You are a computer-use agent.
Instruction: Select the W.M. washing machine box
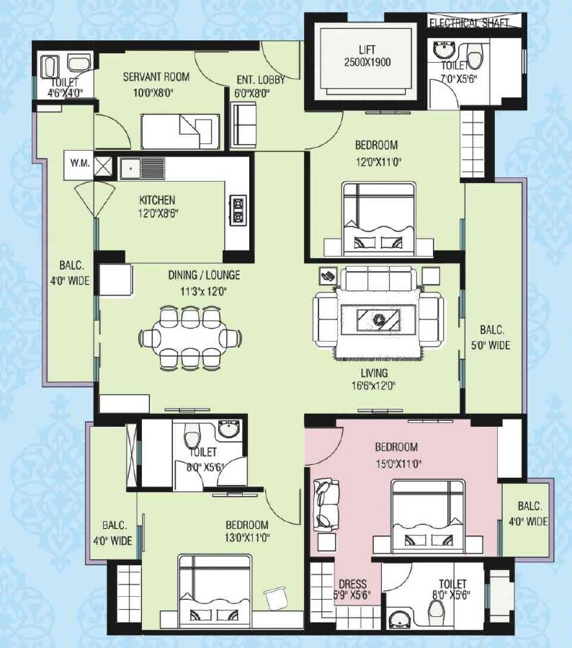pyautogui.click(x=80, y=164)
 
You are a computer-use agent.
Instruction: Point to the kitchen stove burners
pyautogui.click(x=237, y=210)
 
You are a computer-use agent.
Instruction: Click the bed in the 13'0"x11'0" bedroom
pyautogui.click(x=215, y=590)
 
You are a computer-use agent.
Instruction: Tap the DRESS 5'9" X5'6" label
pyautogui.click(x=352, y=590)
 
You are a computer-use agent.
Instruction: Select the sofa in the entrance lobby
pyautogui.click(x=243, y=124)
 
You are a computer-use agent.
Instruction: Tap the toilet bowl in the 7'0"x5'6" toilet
pyautogui.click(x=473, y=56)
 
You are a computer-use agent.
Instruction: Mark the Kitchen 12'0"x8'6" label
pyautogui.click(x=157, y=207)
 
